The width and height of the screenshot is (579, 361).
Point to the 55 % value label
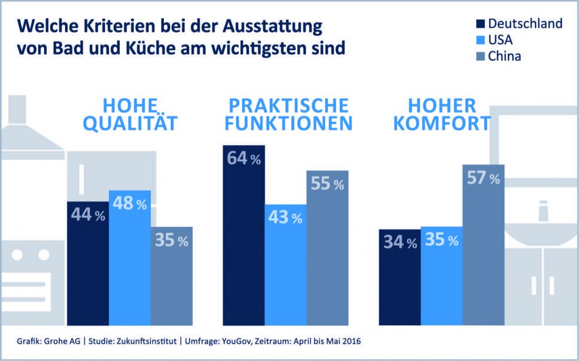[x=327, y=184]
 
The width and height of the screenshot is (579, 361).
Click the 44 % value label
[x=88, y=215]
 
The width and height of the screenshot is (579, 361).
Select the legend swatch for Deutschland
[x=481, y=24]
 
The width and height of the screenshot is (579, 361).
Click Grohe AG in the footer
[x=59, y=341]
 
